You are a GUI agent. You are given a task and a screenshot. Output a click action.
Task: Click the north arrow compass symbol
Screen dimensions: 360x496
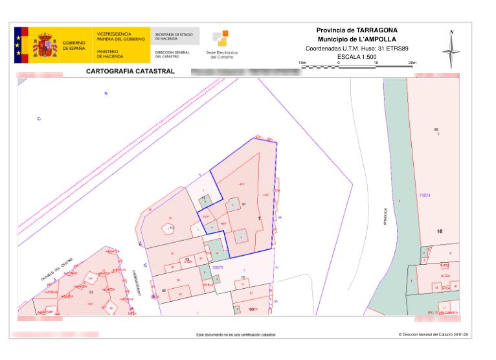[x=452, y=49]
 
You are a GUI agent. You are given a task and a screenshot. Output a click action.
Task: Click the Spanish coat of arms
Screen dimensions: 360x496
[x=45, y=45]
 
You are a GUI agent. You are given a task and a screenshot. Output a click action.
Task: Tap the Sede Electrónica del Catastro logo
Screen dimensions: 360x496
[x=220, y=45]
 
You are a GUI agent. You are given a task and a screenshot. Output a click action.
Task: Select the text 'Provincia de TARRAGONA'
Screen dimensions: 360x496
[x=357, y=30]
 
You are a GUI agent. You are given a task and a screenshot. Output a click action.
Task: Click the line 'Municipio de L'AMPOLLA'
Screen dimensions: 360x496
[x=357, y=39]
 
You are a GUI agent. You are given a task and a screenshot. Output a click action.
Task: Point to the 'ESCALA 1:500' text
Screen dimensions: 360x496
[x=357, y=56]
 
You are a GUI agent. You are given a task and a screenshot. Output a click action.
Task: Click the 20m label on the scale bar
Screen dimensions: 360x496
[x=412, y=62]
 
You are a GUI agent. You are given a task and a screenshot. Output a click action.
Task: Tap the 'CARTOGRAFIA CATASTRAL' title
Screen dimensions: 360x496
[x=130, y=71]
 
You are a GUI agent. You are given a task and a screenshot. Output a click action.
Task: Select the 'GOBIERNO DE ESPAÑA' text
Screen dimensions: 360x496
[x=74, y=45]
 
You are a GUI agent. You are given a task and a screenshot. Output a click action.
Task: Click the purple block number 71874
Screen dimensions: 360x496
[x=425, y=194]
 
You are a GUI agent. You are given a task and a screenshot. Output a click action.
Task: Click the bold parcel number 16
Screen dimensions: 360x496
[x=439, y=231]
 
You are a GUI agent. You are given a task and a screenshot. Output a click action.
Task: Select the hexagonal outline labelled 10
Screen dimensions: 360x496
[x=170, y=228]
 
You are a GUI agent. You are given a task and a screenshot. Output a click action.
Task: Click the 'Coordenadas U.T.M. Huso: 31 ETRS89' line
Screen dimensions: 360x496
[x=357, y=48]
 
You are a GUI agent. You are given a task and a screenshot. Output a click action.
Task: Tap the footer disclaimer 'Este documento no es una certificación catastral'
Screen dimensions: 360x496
[x=236, y=335]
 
